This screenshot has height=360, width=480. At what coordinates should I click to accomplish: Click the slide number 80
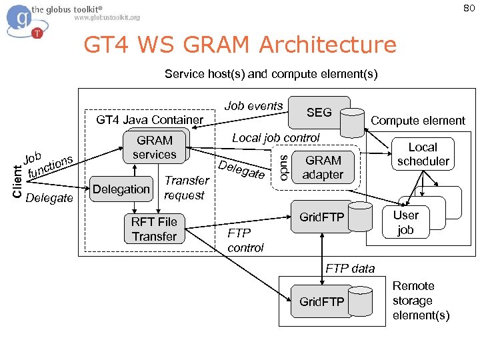point(469,9)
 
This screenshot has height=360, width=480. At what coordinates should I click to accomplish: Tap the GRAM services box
point(155,147)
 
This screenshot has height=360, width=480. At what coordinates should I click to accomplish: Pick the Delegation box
point(121,189)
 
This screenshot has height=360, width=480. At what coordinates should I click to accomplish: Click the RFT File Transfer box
point(154,229)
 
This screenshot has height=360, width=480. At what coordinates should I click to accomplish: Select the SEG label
point(319,113)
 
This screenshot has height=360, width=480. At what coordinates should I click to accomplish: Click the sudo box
point(283,167)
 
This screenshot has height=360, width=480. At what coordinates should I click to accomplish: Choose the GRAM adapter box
point(323,167)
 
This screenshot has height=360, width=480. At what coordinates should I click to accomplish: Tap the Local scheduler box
point(423,154)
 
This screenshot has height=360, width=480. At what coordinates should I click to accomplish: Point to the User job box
point(405,223)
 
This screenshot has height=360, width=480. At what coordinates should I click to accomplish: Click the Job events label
point(253,106)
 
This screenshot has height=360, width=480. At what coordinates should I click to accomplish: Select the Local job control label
point(275,138)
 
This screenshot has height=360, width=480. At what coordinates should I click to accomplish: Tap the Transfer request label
point(186,187)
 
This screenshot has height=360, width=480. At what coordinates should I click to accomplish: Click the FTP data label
point(350,269)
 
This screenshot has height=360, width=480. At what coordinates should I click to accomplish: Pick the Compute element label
point(418,121)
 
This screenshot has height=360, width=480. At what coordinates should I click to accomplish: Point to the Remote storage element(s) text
point(421,301)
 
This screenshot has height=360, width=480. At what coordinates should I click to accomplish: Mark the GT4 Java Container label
point(150,120)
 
